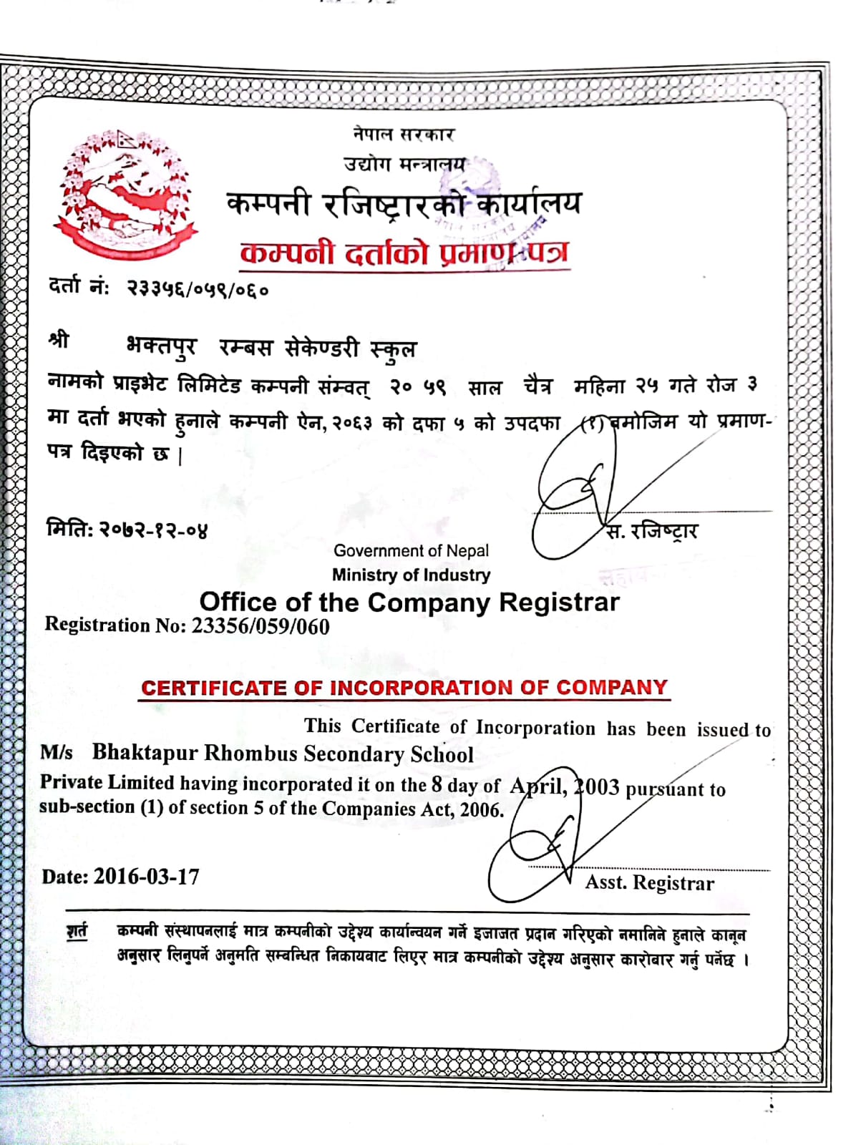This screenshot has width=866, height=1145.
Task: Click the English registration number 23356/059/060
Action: point(261,627)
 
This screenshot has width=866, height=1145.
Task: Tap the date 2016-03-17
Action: point(147,877)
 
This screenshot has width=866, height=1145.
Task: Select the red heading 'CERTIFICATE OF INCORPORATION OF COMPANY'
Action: point(404,688)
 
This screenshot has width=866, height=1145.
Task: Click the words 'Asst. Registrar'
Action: point(650,883)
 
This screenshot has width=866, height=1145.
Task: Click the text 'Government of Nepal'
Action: point(411,551)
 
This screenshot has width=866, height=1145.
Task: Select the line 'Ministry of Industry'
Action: point(411,575)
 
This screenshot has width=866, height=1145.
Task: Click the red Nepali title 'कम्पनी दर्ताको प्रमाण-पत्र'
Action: point(405,253)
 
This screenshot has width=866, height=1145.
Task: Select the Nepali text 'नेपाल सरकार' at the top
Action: point(404,134)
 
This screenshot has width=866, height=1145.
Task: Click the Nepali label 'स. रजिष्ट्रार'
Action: point(652,531)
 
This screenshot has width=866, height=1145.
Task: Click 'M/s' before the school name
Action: point(57,752)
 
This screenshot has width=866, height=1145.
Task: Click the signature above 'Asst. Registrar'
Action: point(544,852)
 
